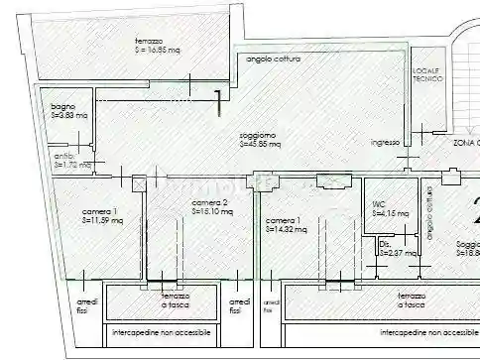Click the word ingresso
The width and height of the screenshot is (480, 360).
[x=385, y=143]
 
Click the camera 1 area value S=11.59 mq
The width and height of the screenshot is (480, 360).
[x=101, y=220]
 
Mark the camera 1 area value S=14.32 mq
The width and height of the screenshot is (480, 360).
[x=285, y=229]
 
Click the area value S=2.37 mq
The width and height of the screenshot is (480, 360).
[x=396, y=253]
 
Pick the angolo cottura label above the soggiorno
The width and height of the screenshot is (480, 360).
[x=273, y=59]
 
